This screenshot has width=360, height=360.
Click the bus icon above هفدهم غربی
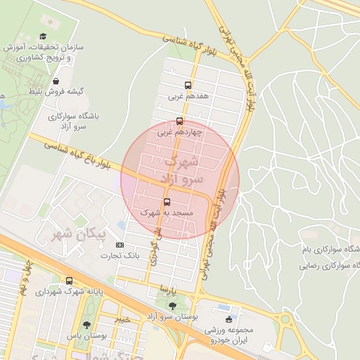(x=188, y=84)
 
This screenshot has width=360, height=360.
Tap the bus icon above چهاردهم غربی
(x=180, y=121)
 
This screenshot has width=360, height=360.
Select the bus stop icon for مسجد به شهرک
(x=167, y=202)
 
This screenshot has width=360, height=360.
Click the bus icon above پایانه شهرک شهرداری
(x=69, y=281)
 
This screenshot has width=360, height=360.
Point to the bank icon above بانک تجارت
(x=120, y=245)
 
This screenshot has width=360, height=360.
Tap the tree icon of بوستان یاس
(x=86, y=325)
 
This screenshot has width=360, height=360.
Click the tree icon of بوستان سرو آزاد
(x=173, y=306)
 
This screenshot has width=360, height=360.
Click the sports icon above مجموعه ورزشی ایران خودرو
(x=229, y=319)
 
